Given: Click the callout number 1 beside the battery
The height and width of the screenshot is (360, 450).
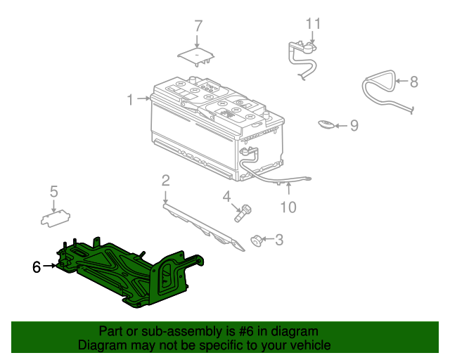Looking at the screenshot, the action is (x=130, y=100).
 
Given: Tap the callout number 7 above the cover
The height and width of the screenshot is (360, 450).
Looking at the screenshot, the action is (x=198, y=26).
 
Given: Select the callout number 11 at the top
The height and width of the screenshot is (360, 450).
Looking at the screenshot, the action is (x=313, y=23).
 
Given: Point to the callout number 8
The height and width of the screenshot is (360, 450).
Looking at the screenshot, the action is (x=414, y=82).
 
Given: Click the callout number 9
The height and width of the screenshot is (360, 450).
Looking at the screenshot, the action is (x=354, y=125).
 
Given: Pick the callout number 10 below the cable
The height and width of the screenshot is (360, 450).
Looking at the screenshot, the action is (x=288, y=207).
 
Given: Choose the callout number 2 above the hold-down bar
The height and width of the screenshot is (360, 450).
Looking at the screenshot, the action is (x=166, y=181).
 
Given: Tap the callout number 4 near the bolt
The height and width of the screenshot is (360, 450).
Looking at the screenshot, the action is (x=226, y=197).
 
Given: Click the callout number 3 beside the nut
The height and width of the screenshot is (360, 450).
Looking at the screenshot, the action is (x=279, y=240).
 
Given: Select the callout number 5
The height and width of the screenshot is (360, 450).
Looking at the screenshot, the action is (x=54, y=191).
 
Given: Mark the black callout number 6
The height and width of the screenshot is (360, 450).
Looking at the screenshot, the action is (x=37, y=267).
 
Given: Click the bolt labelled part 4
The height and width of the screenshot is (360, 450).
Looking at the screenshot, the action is (x=243, y=213).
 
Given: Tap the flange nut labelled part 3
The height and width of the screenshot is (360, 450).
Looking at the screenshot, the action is (x=256, y=240).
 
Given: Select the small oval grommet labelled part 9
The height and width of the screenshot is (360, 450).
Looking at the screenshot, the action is (x=326, y=124).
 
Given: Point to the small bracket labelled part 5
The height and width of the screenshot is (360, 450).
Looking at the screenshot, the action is (x=56, y=219).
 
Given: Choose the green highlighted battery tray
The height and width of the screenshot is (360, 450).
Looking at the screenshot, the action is (x=127, y=276).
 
